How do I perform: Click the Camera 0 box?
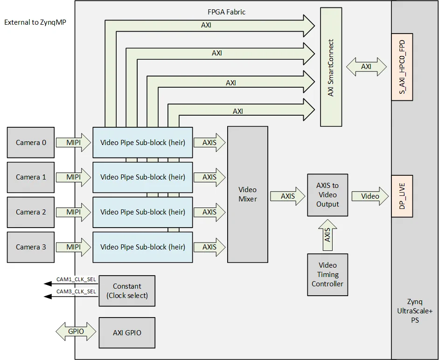[31, 142]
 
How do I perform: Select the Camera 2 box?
[31, 212]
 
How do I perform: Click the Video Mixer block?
[247, 194]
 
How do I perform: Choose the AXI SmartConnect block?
[331, 67]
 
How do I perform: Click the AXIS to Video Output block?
[328, 195]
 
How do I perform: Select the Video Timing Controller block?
[328, 275]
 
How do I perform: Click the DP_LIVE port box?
[402, 196]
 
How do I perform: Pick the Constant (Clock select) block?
[127, 291]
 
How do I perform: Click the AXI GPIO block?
[127, 332]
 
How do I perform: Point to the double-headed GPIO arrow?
[76, 331]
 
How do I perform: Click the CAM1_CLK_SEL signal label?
[76, 279]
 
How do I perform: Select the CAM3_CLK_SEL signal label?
[76, 291]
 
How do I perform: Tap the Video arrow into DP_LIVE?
[370, 196]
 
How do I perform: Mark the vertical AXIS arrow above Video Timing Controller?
[328, 234]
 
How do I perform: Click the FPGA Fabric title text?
[226, 12]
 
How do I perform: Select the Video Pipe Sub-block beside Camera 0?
[143, 142]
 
